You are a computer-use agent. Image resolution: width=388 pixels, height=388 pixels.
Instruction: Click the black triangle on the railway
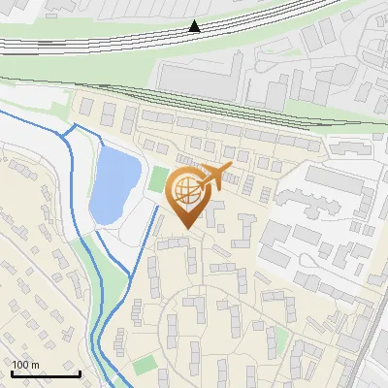coord(196,27)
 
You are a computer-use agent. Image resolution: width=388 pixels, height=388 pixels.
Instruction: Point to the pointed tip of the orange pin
coord(187,229)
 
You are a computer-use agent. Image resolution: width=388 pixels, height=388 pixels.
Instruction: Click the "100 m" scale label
coord(25,365)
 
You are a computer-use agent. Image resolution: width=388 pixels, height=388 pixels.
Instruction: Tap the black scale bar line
coord(46,373)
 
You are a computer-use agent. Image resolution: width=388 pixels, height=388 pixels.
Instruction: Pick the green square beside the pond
coord(158,178)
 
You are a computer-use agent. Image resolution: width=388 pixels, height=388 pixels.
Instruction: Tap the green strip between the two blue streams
coord(113,281)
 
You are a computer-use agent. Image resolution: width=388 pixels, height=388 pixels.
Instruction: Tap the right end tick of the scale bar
coord(80,372)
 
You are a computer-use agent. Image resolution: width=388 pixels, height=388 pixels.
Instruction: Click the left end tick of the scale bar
coord(12,372)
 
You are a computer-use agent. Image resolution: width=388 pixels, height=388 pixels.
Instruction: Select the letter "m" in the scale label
coord(35,365)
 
